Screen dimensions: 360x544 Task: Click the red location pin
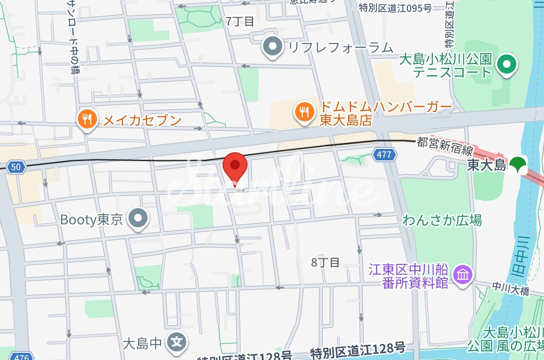pyautogui.click(x=235, y=166)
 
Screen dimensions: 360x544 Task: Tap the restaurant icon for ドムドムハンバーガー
pyautogui.click(x=304, y=113)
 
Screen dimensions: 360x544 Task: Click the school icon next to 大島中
pyautogui.click(x=177, y=341)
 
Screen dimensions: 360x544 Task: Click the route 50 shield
pyautogui.click(x=16, y=167)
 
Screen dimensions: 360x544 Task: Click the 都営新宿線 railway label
pyautogui.click(x=444, y=147)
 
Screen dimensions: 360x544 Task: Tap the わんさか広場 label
pyautogui.click(x=442, y=220)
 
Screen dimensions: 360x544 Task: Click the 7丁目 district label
pyautogui.click(x=240, y=21)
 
